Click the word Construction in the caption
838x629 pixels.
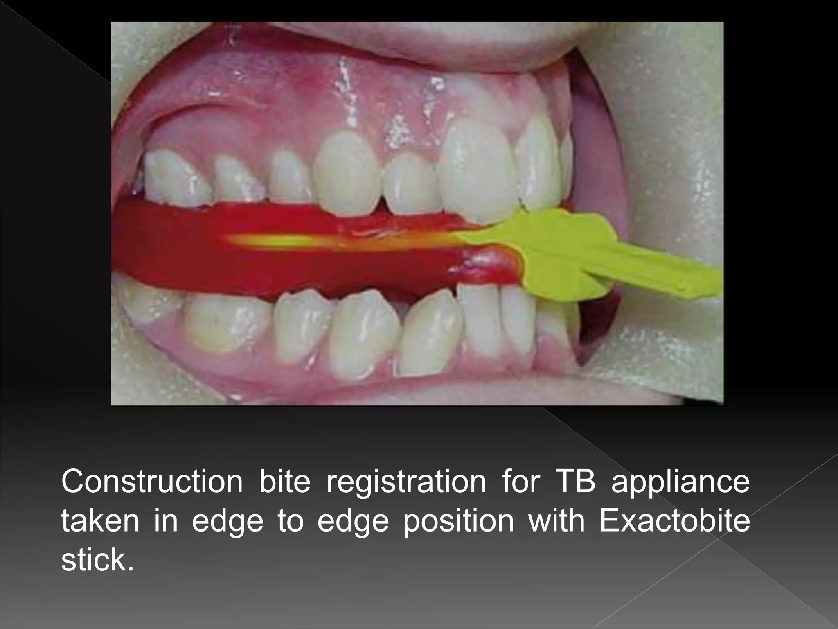[x=152, y=482]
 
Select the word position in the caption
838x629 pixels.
[x=458, y=523]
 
